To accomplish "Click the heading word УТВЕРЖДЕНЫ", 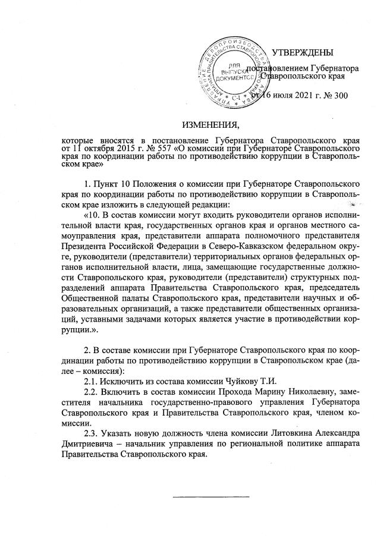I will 302,54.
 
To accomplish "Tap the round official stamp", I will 233,70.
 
